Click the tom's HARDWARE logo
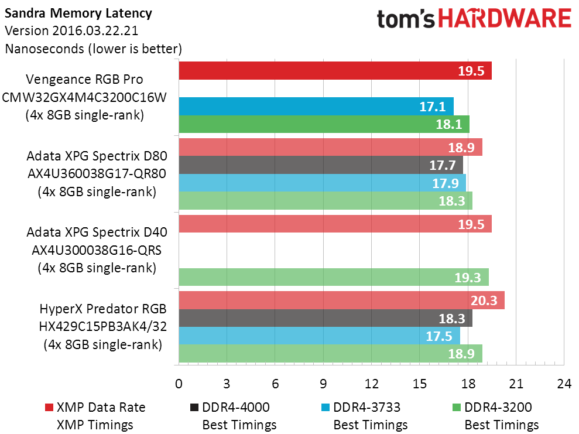click(474, 19)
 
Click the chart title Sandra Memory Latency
click(78, 13)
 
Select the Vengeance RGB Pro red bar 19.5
click(335, 70)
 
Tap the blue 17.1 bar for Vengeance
click(316, 107)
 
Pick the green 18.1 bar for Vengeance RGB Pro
click(324, 124)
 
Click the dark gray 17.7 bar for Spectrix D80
click(321, 165)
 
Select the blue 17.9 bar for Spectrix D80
click(323, 183)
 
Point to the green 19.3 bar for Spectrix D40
click(334, 277)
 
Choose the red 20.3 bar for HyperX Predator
click(341, 300)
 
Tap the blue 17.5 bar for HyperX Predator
click(320, 336)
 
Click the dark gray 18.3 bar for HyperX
click(326, 318)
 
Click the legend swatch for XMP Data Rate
click(49, 408)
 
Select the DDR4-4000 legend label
click(236, 408)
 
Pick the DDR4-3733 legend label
click(367, 408)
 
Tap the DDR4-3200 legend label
click(498, 408)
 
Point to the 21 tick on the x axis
click(516, 384)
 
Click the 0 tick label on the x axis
click(179, 384)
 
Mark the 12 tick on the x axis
click(372, 384)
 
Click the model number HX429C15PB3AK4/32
click(103, 326)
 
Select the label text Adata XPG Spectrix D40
click(97, 233)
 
